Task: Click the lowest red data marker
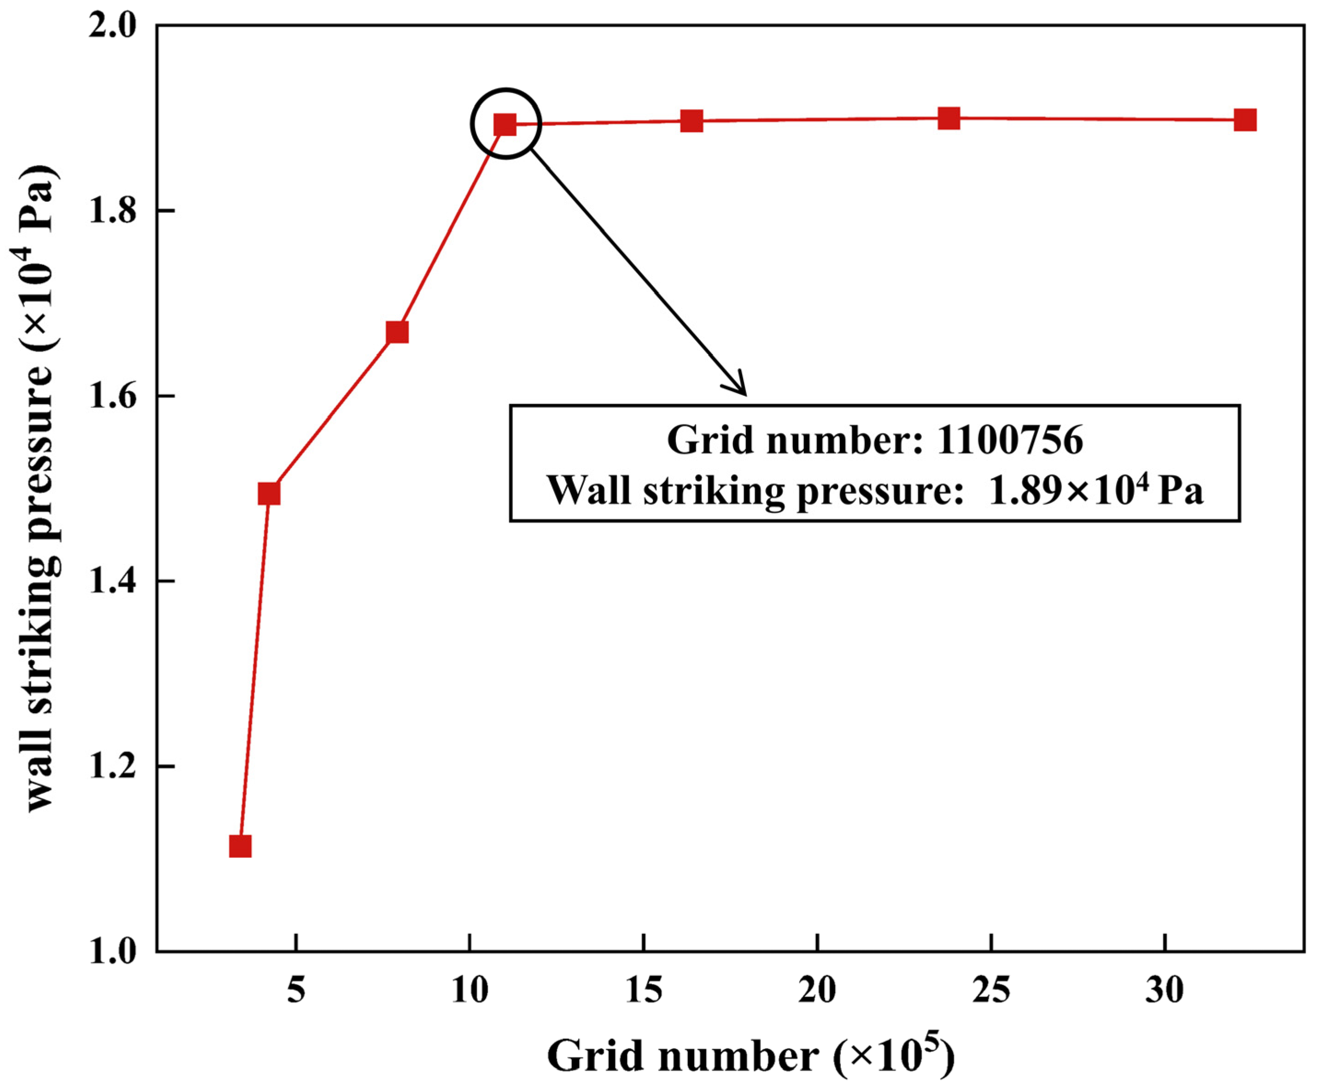point(240,846)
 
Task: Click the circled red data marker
point(505,124)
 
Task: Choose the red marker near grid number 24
point(949,117)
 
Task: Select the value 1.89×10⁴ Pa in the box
point(1096,490)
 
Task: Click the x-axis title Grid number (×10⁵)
point(750,1055)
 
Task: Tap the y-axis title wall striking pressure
point(41,490)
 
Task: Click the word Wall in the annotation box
point(589,490)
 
